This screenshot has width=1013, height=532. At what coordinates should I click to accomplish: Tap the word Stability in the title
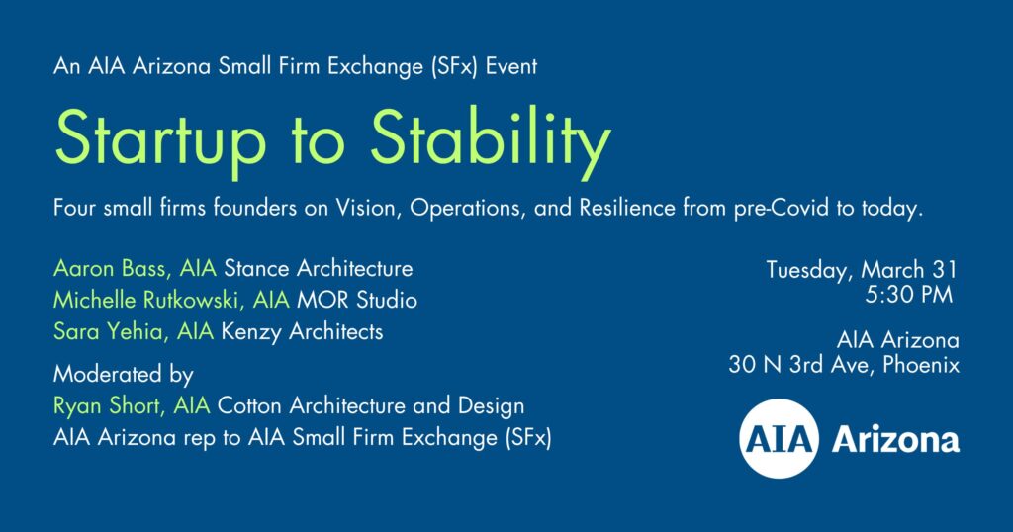[491, 140]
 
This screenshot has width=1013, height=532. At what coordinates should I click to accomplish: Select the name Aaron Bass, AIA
[135, 269]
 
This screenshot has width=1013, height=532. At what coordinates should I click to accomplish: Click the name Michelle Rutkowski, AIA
[171, 300]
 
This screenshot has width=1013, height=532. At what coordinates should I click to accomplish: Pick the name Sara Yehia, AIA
[134, 332]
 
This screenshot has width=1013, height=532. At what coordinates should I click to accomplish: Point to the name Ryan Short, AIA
[132, 406]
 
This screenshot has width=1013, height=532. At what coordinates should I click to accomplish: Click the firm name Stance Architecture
[319, 268]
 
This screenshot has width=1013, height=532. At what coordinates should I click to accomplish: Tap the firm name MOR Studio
[357, 300]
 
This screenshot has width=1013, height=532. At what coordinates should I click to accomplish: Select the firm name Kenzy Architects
[303, 332]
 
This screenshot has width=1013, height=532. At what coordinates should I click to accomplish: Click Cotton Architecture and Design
[371, 405]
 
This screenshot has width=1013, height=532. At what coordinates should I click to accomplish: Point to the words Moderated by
[124, 375]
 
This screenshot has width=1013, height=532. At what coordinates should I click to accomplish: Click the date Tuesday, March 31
[862, 270]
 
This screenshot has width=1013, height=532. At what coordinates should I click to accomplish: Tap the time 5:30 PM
[909, 295]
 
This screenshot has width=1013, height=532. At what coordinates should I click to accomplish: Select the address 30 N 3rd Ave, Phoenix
[844, 365]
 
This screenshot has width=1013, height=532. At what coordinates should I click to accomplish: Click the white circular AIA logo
[780, 438]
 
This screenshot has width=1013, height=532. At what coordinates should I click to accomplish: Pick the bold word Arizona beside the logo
[895, 440]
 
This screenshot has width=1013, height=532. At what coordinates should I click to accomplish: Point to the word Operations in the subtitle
[468, 209]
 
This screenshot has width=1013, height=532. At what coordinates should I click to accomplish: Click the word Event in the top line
[511, 66]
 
